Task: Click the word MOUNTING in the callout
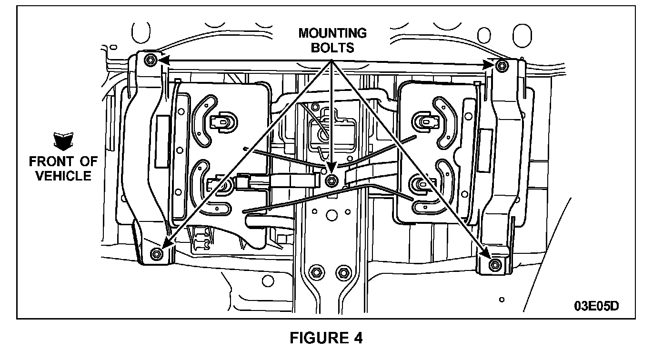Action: [x=332, y=33]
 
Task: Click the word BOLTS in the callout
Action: [x=333, y=48]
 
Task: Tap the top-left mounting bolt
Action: [x=150, y=60]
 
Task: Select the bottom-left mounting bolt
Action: [x=155, y=252]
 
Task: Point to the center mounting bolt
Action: [x=331, y=180]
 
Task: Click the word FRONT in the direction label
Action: [x=50, y=161]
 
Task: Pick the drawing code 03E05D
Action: [x=596, y=305]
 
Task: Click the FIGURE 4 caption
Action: [x=326, y=338]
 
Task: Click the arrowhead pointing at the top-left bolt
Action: [x=162, y=60]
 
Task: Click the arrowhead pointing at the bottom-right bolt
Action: [x=487, y=253]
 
